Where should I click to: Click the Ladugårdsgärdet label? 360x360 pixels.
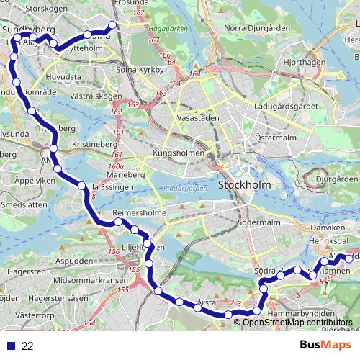point(286,107)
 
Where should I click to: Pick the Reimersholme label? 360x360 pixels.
point(140,214)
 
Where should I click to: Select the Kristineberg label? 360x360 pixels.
point(89,144)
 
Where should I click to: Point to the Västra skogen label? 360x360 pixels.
point(84,96)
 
